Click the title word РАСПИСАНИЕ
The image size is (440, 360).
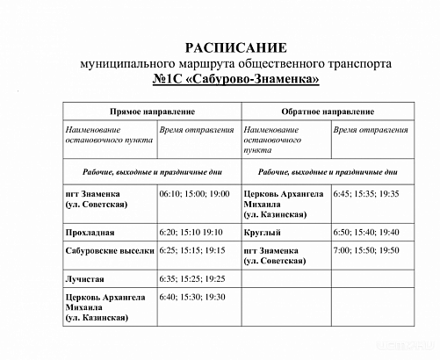235,47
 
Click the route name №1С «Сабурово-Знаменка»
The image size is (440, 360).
235,80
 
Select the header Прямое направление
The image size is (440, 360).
151,113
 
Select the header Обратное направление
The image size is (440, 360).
328,113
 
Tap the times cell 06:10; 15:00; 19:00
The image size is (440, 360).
194,193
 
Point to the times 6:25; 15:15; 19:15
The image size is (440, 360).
192,251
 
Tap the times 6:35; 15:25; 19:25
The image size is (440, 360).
192,278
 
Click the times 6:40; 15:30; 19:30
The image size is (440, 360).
192,297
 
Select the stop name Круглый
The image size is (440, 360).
263,233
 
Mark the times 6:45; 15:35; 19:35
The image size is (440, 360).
366,193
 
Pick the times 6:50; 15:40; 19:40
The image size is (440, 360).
366,233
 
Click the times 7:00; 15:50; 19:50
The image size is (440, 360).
366,251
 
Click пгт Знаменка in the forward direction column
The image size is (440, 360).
98,193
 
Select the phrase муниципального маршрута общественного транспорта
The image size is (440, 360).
235,64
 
